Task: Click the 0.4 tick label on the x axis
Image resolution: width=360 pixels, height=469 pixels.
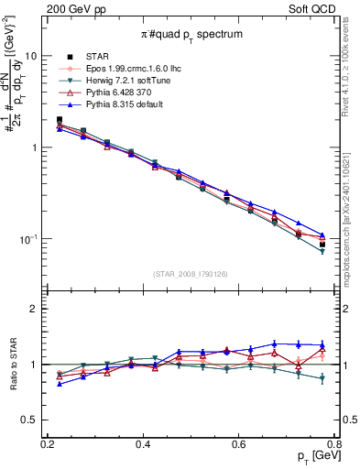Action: coord(143,444)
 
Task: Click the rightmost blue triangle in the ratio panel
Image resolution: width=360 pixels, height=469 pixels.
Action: coord(322,345)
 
